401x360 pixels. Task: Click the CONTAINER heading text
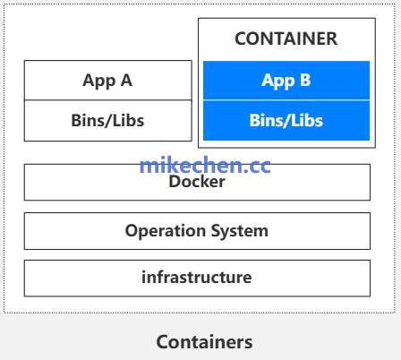(286, 39)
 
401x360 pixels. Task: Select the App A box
(108, 81)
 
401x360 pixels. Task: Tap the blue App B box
(286, 81)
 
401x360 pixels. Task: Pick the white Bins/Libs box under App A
(108, 121)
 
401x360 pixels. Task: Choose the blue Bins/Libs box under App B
(286, 120)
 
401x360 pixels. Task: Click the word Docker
(197, 182)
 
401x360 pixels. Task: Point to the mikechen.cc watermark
(205, 166)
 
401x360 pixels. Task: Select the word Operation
(166, 231)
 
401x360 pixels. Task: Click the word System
(240, 231)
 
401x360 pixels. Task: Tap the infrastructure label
(197, 278)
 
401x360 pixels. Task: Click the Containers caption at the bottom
(204, 342)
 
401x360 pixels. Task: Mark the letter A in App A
(126, 80)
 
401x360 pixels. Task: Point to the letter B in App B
(305, 80)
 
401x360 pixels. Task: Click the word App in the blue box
(278, 81)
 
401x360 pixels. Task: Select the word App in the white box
(99, 81)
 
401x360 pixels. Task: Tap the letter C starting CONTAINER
(241, 39)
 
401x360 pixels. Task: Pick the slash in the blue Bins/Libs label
(286, 121)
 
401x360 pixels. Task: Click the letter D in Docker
(175, 182)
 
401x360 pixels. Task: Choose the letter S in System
(216, 230)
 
